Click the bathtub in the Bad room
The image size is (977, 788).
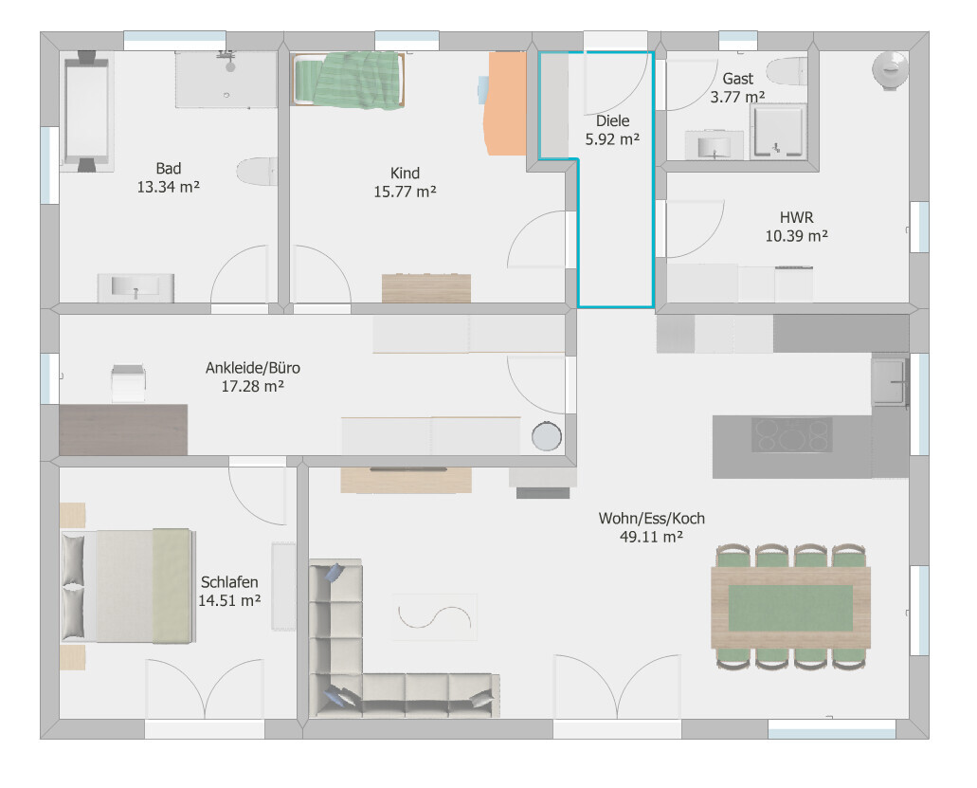[86, 111]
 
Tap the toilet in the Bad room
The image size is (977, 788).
[257, 172]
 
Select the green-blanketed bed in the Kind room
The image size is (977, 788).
[349, 80]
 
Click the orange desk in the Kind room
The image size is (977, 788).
[505, 103]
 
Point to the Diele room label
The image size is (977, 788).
[612, 121]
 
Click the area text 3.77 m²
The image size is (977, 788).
[738, 98]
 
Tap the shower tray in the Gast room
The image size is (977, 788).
[778, 132]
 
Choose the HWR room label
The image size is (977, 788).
[796, 217]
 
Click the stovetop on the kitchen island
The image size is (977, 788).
[791, 434]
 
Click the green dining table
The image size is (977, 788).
[790, 607]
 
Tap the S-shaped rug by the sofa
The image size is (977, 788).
[434, 617]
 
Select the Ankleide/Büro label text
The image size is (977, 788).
[253, 368]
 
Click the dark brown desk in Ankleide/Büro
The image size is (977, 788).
[123, 430]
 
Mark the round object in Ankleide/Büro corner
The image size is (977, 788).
[547, 436]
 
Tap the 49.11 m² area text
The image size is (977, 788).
[651, 537]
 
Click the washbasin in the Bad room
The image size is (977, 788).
[136, 287]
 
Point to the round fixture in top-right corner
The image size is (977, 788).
[891, 70]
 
